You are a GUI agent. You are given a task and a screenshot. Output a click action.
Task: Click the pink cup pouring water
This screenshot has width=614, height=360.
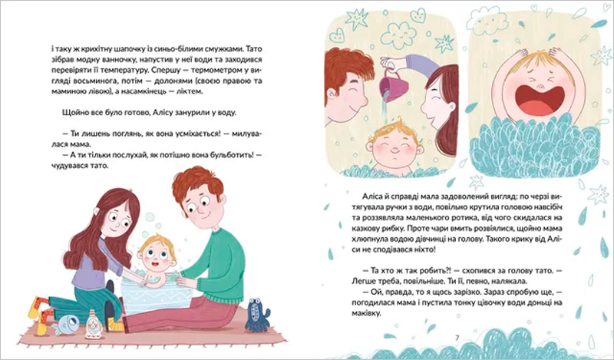point(394,85)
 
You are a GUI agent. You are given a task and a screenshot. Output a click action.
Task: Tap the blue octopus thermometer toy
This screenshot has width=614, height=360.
point(257,314)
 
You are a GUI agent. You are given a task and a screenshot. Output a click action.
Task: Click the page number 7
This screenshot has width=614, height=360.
point(457,338)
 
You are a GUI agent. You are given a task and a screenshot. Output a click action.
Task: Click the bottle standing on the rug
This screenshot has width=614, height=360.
point(94,325)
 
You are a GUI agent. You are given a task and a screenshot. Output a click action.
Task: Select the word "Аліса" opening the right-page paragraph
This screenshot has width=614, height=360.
point(374,197)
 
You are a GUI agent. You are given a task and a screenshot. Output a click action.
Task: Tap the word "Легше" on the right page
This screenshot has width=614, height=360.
point(363,281)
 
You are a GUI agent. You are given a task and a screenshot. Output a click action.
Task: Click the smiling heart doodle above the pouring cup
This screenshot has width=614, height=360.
point(418,15)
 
